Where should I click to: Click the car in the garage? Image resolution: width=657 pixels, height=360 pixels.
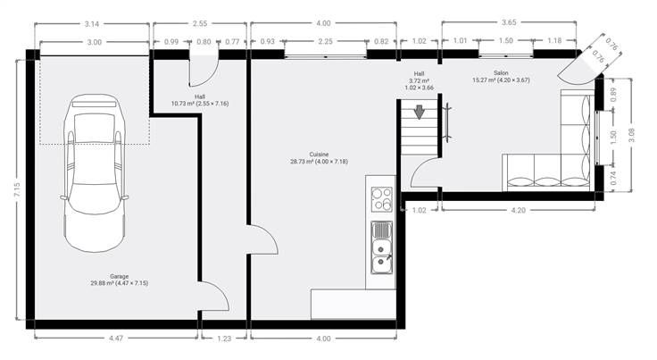pyautogui.click(x=95, y=172)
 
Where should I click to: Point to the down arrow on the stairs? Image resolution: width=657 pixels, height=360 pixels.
pyautogui.click(x=419, y=113)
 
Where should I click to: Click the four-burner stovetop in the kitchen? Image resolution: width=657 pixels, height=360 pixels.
pyautogui.click(x=382, y=199)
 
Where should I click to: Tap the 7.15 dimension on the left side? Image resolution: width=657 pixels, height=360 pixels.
pyautogui.click(x=17, y=190)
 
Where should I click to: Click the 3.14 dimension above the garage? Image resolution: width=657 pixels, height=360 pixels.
pyautogui.click(x=92, y=24)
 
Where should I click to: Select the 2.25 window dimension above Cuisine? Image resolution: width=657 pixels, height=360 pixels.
pyautogui.click(x=325, y=41)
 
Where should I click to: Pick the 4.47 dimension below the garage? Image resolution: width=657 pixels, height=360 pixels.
pyautogui.click(x=116, y=339)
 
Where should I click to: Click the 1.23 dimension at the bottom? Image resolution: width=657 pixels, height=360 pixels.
pyautogui.click(x=224, y=339)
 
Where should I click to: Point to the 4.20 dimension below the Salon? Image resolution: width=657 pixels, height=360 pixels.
pyautogui.click(x=518, y=211)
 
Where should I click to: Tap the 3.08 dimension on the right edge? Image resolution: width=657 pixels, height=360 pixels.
pyautogui.click(x=631, y=135)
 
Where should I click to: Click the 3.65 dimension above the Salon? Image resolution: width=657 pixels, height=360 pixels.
pyautogui.click(x=509, y=22)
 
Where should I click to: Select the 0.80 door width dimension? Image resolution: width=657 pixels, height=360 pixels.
pyautogui.click(x=204, y=41)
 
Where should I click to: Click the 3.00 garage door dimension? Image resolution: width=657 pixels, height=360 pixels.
pyautogui.click(x=95, y=42)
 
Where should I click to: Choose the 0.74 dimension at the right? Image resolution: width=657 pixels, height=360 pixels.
pyautogui.click(x=613, y=178)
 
